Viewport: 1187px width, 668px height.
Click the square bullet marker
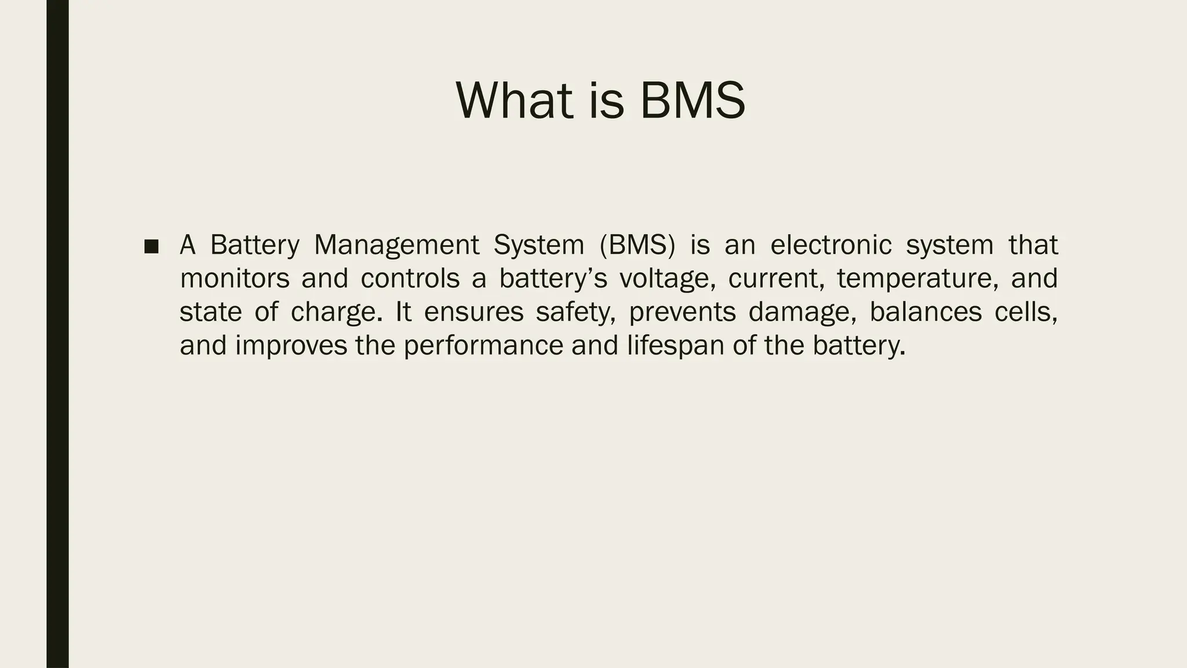[x=151, y=246]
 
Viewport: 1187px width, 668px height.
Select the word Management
[x=396, y=245]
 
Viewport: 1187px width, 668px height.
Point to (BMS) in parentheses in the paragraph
[x=637, y=245]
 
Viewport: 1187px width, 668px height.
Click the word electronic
[x=831, y=245]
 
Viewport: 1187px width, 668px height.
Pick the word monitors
[x=234, y=279]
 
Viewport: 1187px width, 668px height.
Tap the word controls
[x=410, y=279]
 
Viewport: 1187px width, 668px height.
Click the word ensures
[x=474, y=313]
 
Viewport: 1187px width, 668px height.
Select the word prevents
[x=682, y=313]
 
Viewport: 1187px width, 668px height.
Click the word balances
[x=926, y=313]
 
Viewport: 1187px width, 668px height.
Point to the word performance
[x=483, y=346]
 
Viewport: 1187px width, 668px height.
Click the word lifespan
[x=673, y=346]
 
